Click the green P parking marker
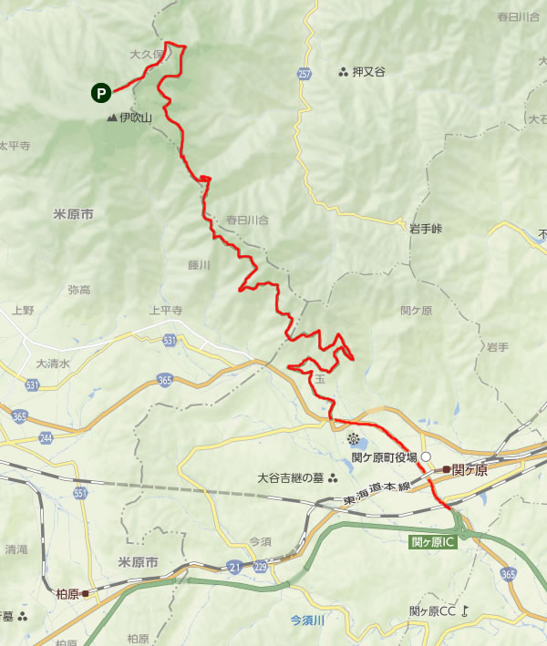(100, 92)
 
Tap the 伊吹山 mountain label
(134, 118)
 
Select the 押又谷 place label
(368, 72)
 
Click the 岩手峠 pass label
(425, 229)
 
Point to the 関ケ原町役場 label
(384, 456)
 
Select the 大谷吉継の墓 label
(291, 477)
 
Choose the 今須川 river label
(308, 620)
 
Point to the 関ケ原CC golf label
(432, 610)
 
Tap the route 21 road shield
(235, 566)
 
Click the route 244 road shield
(46, 438)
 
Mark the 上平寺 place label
(166, 310)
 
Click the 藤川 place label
(199, 265)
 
